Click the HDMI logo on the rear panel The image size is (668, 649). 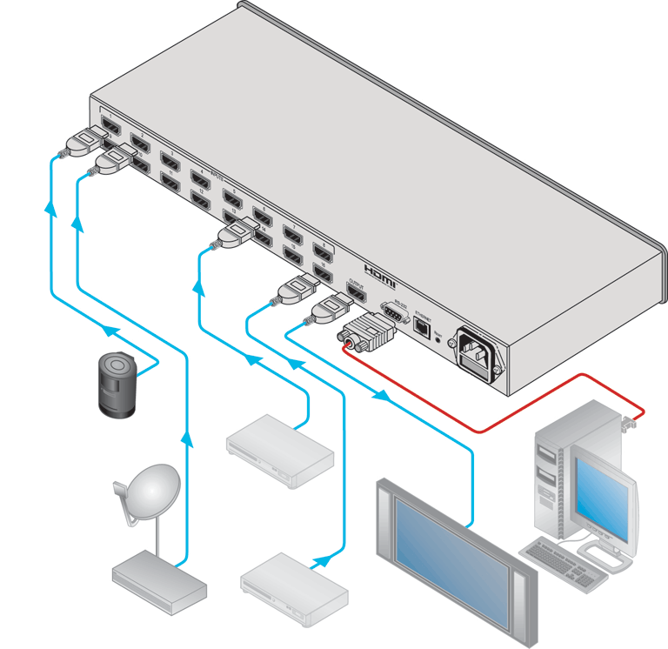point(379,274)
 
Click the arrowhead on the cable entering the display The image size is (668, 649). point(381,397)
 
